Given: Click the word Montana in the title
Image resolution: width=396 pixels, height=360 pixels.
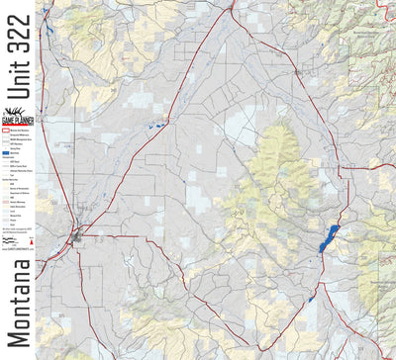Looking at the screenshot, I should tap(17, 297).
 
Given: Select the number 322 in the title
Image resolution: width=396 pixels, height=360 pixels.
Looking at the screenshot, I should tap(17, 36).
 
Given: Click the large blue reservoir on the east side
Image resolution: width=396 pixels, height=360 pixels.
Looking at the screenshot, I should tap(329, 238).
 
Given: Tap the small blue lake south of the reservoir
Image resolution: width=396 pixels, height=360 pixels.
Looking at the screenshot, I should tap(312, 295).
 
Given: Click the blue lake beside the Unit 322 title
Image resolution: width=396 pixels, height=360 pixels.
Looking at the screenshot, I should tap(46, 27).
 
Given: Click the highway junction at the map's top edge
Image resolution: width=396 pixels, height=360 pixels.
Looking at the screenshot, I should tap(232, 5).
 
